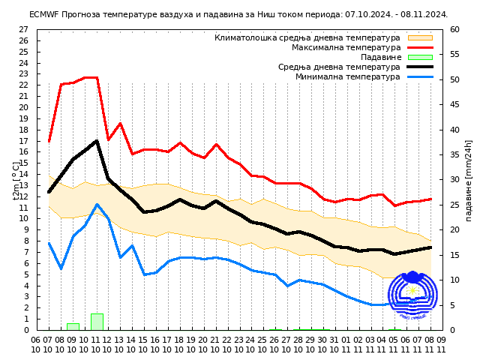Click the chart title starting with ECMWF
238,14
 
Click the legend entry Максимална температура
346,47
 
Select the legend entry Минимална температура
347,76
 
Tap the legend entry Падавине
380,57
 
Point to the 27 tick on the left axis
22,30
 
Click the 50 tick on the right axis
455,79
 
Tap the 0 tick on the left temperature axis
25,330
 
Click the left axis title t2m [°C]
16,180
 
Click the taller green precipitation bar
97,322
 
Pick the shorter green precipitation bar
73,326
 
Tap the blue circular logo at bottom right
412,296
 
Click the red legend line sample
420,47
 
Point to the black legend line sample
420,67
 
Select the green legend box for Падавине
420,57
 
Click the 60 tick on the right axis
455,30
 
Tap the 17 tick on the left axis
22,141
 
